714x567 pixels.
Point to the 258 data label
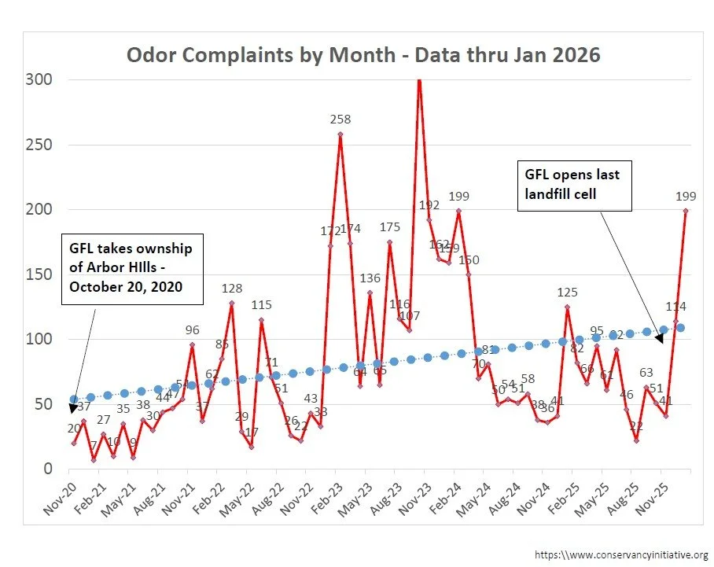coord(340,120)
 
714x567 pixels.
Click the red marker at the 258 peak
coord(340,134)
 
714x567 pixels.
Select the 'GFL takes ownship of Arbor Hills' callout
coord(131,268)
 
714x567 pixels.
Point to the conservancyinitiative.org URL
coord(621,555)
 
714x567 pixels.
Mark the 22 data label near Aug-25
coord(637,425)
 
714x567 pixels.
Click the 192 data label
coord(429,205)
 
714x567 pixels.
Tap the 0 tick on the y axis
coord(47,469)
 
